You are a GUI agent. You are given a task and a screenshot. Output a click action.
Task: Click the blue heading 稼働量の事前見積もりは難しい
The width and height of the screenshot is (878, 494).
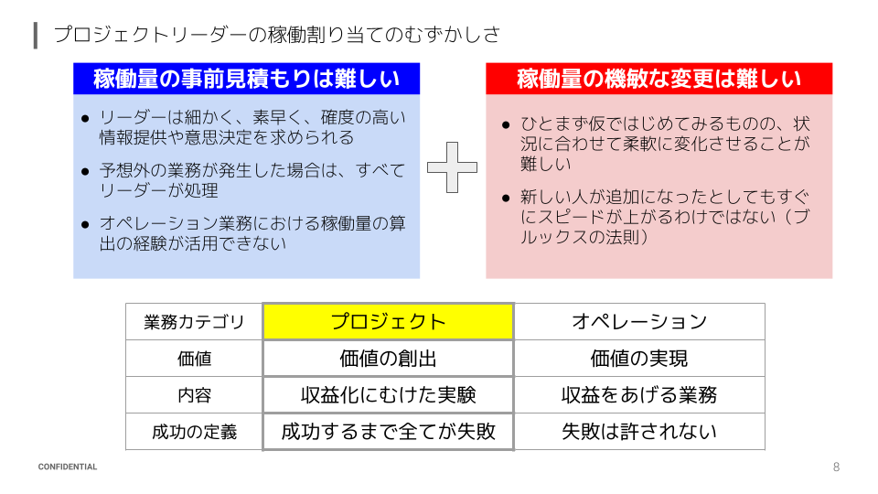[x=246, y=80]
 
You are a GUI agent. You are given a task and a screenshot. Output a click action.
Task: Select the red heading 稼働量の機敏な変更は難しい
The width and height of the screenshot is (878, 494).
[x=658, y=79]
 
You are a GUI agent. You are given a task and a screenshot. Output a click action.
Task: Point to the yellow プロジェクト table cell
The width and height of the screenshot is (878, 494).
[x=388, y=321]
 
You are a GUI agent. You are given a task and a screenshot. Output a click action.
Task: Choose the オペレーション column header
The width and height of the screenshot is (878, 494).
[x=639, y=321]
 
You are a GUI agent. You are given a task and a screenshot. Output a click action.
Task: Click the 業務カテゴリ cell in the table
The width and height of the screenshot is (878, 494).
[x=194, y=322]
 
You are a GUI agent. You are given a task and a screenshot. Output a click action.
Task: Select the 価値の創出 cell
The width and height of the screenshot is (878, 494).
[x=388, y=359]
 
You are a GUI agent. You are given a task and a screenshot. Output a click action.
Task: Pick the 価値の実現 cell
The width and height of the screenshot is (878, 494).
[x=639, y=359]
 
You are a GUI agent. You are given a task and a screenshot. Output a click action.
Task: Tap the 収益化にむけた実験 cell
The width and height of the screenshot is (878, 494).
[x=388, y=395]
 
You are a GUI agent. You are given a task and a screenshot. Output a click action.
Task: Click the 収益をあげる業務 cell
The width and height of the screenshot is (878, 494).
[x=639, y=395]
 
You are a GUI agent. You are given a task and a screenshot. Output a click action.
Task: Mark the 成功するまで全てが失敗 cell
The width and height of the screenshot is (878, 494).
[x=388, y=432]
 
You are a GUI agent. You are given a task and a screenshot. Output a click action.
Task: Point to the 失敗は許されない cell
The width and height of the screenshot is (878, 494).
[x=639, y=432]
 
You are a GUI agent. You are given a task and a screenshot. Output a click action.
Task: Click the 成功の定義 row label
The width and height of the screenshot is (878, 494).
[x=194, y=433]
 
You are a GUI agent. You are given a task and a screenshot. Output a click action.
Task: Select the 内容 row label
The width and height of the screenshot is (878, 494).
[x=194, y=396]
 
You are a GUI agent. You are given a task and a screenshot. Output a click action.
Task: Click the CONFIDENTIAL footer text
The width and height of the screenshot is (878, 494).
[x=68, y=467]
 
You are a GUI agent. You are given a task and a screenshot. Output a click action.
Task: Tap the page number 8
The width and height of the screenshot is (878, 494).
[x=836, y=467]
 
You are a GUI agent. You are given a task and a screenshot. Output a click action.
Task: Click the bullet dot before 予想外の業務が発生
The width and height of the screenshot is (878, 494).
[x=85, y=172]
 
